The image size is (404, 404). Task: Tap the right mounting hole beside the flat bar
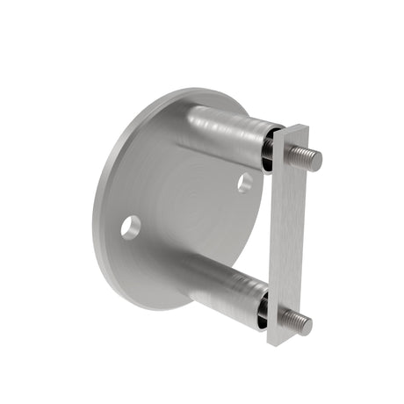coord(244,184)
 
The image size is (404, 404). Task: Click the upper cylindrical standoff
coord(224,132)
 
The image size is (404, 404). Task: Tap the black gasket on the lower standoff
coord(263,308)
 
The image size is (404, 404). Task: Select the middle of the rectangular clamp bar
coord(292,235)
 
